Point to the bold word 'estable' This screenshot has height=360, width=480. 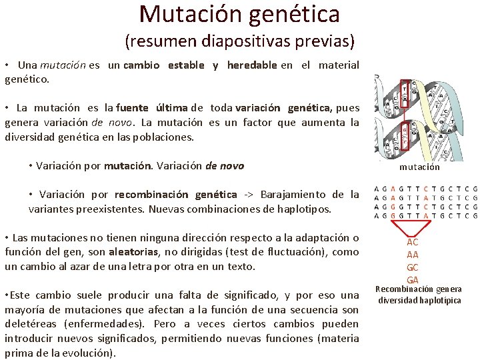point(186,65)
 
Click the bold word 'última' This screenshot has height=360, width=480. point(171,108)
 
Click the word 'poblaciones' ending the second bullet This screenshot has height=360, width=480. point(164,137)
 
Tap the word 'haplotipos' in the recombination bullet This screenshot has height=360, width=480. point(303,209)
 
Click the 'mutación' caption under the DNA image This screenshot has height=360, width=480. point(419,167)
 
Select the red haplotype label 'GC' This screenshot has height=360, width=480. point(413,267)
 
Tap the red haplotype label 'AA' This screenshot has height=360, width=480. point(413,255)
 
